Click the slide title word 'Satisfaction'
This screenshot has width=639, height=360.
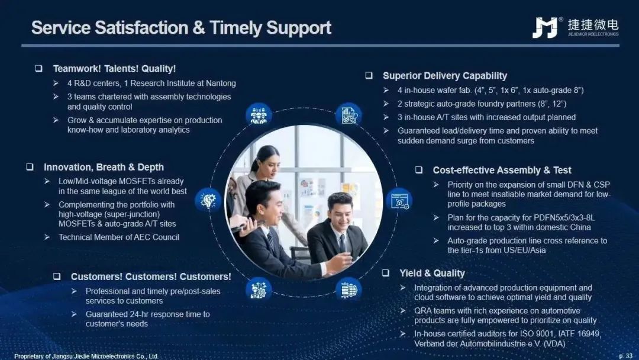click(x=141, y=28)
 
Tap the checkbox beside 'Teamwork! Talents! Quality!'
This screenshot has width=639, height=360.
click(x=38, y=69)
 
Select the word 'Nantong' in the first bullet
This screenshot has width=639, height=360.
click(x=221, y=83)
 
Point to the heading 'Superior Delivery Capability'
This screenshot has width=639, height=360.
click(x=445, y=76)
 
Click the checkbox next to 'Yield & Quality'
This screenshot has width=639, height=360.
click(x=386, y=273)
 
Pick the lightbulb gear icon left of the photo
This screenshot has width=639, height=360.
click(x=208, y=200)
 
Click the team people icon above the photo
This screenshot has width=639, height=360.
click(x=259, y=114)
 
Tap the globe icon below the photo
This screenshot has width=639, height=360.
click(x=348, y=290)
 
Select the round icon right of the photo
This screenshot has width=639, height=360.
click(x=399, y=200)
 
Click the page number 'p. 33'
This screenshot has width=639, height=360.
click(x=625, y=356)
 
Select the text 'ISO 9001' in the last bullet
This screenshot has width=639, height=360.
click(x=537, y=333)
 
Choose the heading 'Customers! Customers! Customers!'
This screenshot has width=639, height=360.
click(x=151, y=277)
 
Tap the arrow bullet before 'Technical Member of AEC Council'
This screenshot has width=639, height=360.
click(x=47, y=237)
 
